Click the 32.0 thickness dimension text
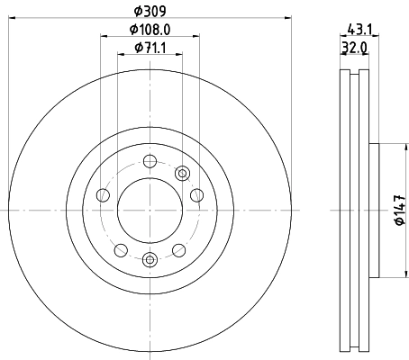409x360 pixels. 355,49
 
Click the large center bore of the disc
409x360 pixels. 150,211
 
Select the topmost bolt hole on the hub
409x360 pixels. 150,162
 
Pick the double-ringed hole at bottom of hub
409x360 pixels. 150,260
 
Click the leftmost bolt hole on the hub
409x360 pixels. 103,195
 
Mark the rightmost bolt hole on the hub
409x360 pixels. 197,195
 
